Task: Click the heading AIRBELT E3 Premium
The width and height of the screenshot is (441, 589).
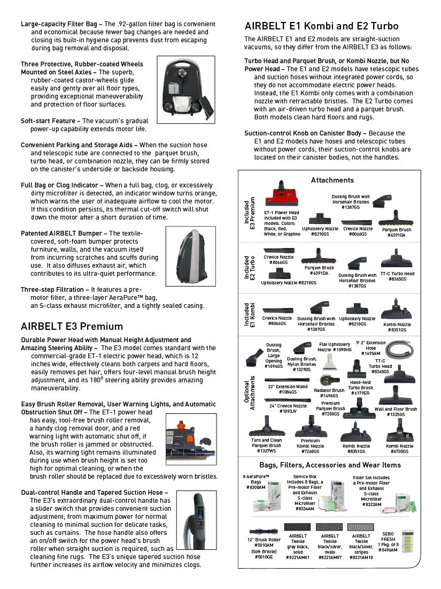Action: tap(72, 327)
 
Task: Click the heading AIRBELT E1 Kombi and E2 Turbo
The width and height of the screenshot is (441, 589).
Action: tap(321, 26)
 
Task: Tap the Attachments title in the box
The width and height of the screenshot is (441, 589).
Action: tap(332, 180)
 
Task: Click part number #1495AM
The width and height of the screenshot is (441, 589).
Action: tap(371, 354)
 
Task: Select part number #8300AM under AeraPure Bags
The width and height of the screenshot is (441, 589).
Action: tap(256, 487)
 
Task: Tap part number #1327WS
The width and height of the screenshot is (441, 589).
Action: tap(266, 451)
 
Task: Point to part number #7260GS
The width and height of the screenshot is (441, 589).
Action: tap(311, 451)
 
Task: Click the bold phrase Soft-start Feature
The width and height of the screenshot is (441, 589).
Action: tap(50, 121)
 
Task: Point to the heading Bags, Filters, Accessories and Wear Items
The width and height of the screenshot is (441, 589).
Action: tap(330, 465)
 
